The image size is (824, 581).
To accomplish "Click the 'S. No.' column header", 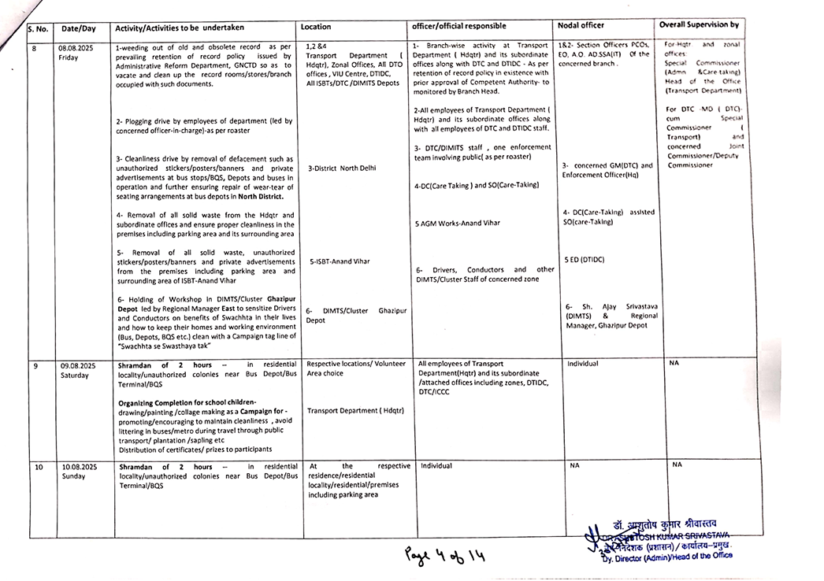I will click(38, 29).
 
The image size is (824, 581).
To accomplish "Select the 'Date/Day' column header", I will click(79, 29).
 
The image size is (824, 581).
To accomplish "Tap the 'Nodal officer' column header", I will click(581, 26).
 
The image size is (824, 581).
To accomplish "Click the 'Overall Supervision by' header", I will click(699, 25).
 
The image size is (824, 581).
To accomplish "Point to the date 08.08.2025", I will click(76, 48).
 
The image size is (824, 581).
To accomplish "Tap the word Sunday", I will click(73, 476).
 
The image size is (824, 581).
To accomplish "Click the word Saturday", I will click(76, 376).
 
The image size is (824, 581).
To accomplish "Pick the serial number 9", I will click(35, 366).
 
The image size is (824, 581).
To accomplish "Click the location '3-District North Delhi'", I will click(342, 168).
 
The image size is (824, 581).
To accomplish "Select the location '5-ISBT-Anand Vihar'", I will click(340, 261).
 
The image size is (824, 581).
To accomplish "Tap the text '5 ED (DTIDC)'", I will click(584, 259).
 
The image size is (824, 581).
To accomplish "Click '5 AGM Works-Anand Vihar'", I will click(457, 223).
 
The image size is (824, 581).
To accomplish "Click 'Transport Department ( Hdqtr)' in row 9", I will click(355, 410).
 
